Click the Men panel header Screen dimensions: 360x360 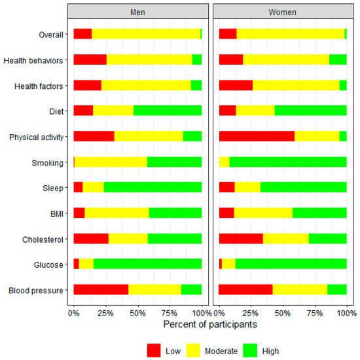pos(137,12)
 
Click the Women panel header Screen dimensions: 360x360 pos(282,12)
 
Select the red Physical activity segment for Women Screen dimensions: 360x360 pos(257,136)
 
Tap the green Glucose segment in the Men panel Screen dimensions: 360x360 pos(147,264)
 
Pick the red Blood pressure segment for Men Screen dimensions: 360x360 pos(101,289)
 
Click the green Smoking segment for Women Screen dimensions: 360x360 pos(288,162)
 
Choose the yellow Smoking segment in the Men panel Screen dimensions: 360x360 pos(111,162)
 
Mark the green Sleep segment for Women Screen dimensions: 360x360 pos(303,187)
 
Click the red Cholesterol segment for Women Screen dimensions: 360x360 pos(241,238)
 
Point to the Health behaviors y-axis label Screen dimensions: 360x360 pos(33,60)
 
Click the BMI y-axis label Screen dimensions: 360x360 pos(55,213)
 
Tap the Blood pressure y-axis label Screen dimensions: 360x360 pos(37,289)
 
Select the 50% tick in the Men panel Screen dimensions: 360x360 pos(137,313)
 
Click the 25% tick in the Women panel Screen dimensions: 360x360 pos(251,313)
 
